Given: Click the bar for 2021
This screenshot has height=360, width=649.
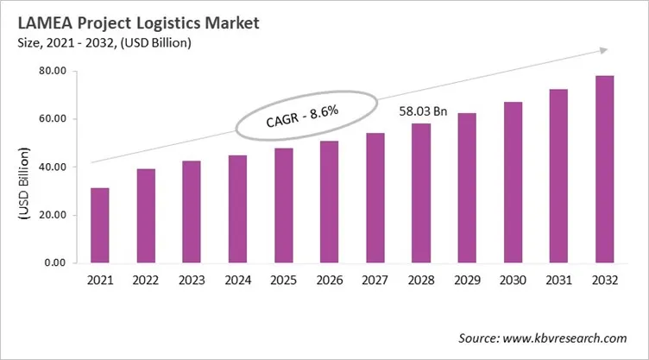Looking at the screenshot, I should tap(100, 225).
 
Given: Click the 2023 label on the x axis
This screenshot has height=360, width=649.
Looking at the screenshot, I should tap(192, 281).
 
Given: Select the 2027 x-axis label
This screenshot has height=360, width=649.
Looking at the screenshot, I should tap(375, 281).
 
